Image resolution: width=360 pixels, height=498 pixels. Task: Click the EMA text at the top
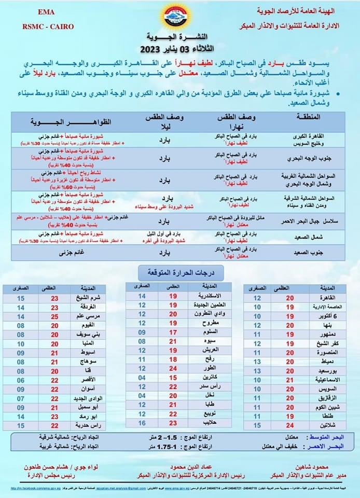tap(48, 11)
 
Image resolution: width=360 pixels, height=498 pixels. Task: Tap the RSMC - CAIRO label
tap(48, 26)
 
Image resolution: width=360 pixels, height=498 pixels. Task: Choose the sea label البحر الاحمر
tap(333, 447)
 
